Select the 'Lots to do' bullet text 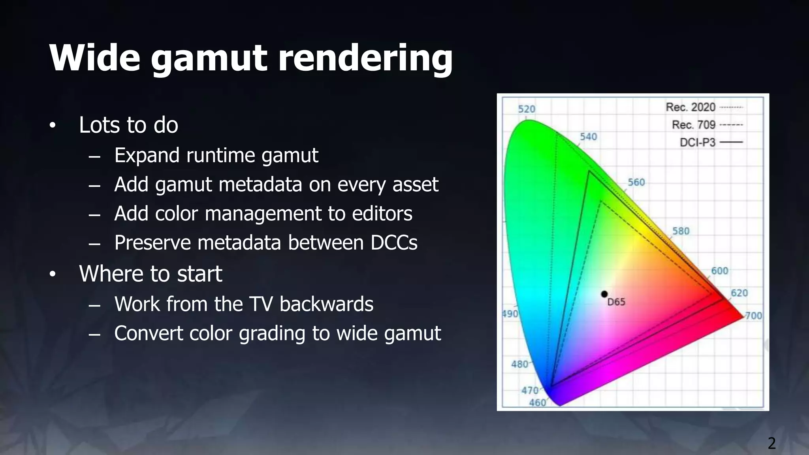coord(129,125)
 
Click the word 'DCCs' coord(394,243)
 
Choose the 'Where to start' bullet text coord(151,274)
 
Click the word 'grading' coord(272,334)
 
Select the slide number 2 coord(771,443)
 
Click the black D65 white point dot coord(604,294)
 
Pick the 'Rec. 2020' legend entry coord(690,107)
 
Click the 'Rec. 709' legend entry coord(694,125)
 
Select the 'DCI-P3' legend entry coord(698,142)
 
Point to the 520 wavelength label coord(527,109)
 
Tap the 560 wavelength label coord(636,182)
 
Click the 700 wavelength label coord(753,316)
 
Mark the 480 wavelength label coord(519,364)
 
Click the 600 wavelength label coord(719,271)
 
